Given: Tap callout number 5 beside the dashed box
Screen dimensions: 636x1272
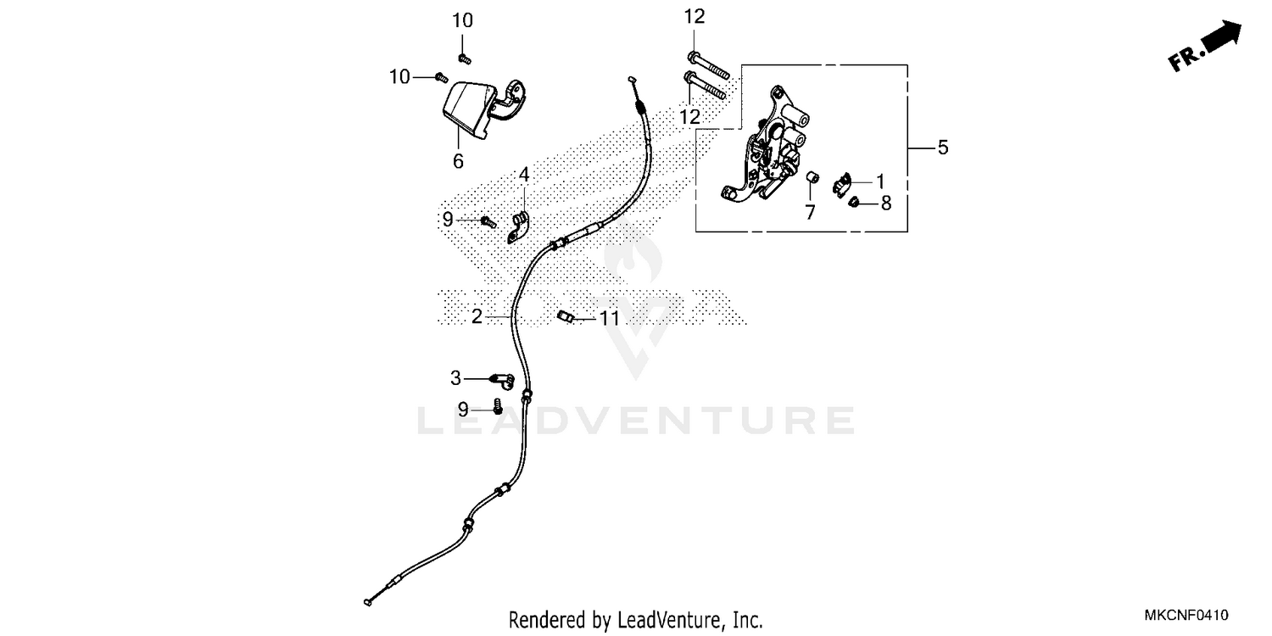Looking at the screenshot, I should (942, 148).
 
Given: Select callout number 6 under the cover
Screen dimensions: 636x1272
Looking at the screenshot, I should (458, 160).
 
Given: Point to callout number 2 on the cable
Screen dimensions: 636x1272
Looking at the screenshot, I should (477, 316).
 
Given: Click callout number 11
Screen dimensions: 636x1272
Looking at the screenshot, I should (609, 319).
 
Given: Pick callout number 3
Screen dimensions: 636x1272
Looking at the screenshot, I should (456, 377).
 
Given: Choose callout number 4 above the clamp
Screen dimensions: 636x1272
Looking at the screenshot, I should (524, 176).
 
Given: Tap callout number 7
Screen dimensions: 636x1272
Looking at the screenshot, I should (810, 212).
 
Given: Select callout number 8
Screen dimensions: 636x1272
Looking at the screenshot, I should (885, 204).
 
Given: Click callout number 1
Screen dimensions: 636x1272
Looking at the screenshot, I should (880, 181).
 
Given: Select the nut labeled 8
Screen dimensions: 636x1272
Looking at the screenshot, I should (856, 202).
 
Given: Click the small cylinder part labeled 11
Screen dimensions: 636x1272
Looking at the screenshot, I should (566, 317).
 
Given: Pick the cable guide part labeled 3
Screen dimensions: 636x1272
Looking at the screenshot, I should (502, 378).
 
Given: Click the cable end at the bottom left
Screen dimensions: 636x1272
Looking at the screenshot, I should (366, 602).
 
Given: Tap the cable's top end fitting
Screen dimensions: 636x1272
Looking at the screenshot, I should (632, 78).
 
